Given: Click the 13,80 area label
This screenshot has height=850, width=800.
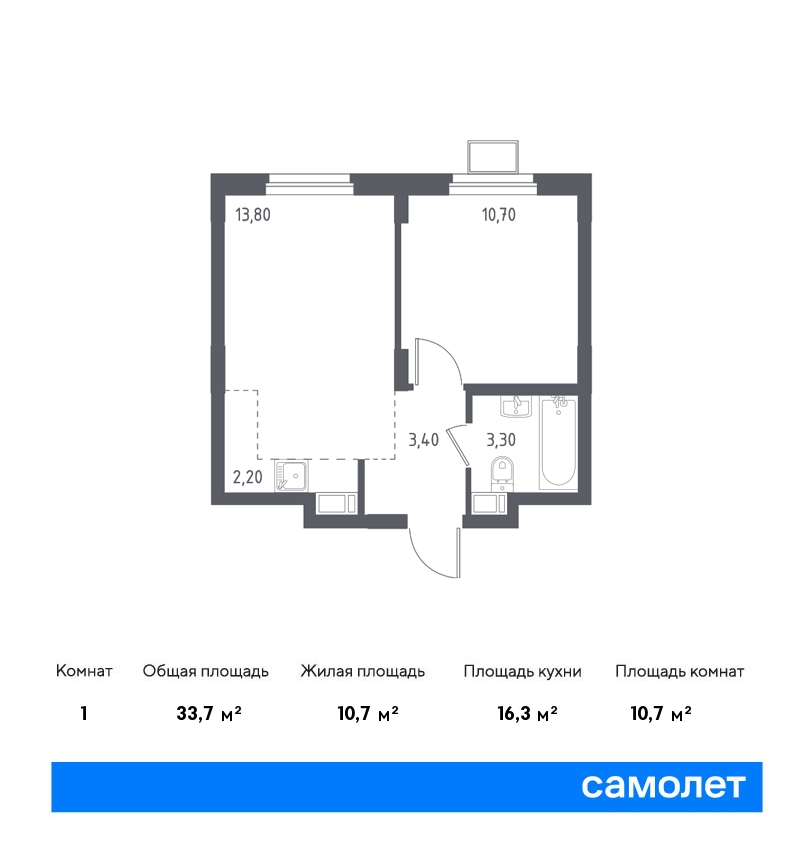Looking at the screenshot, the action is tap(253, 215).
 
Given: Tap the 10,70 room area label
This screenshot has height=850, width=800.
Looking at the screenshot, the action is tap(499, 215).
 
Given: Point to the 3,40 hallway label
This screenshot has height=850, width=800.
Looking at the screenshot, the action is tap(423, 440).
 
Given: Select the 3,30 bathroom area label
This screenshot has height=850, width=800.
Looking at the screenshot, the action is tap(501, 440).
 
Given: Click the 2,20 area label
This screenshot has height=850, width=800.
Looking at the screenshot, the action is tap(248, 477).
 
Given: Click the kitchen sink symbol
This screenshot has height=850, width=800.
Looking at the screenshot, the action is tap(291, 476).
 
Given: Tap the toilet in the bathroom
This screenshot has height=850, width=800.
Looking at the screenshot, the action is tap(502, 474).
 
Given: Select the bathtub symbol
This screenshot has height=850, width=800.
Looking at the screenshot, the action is tap(558, 442).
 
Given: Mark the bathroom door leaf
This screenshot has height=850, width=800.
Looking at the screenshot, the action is tap(459, 445).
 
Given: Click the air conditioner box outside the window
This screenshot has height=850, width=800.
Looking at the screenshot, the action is tap(493, 157).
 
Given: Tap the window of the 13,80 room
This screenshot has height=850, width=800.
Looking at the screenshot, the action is tap(309, 184).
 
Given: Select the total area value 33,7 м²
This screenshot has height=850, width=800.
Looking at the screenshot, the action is tap(209, 713).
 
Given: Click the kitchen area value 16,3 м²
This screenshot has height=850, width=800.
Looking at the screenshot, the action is tap(527, 713).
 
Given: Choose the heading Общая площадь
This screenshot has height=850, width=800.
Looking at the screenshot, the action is tap(205, 671).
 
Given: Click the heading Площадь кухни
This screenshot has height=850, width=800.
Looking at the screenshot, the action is tap(522, 671).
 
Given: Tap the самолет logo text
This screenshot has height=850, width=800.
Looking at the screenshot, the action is tap(663, 786).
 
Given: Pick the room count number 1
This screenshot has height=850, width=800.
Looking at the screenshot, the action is tap(83, 713).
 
